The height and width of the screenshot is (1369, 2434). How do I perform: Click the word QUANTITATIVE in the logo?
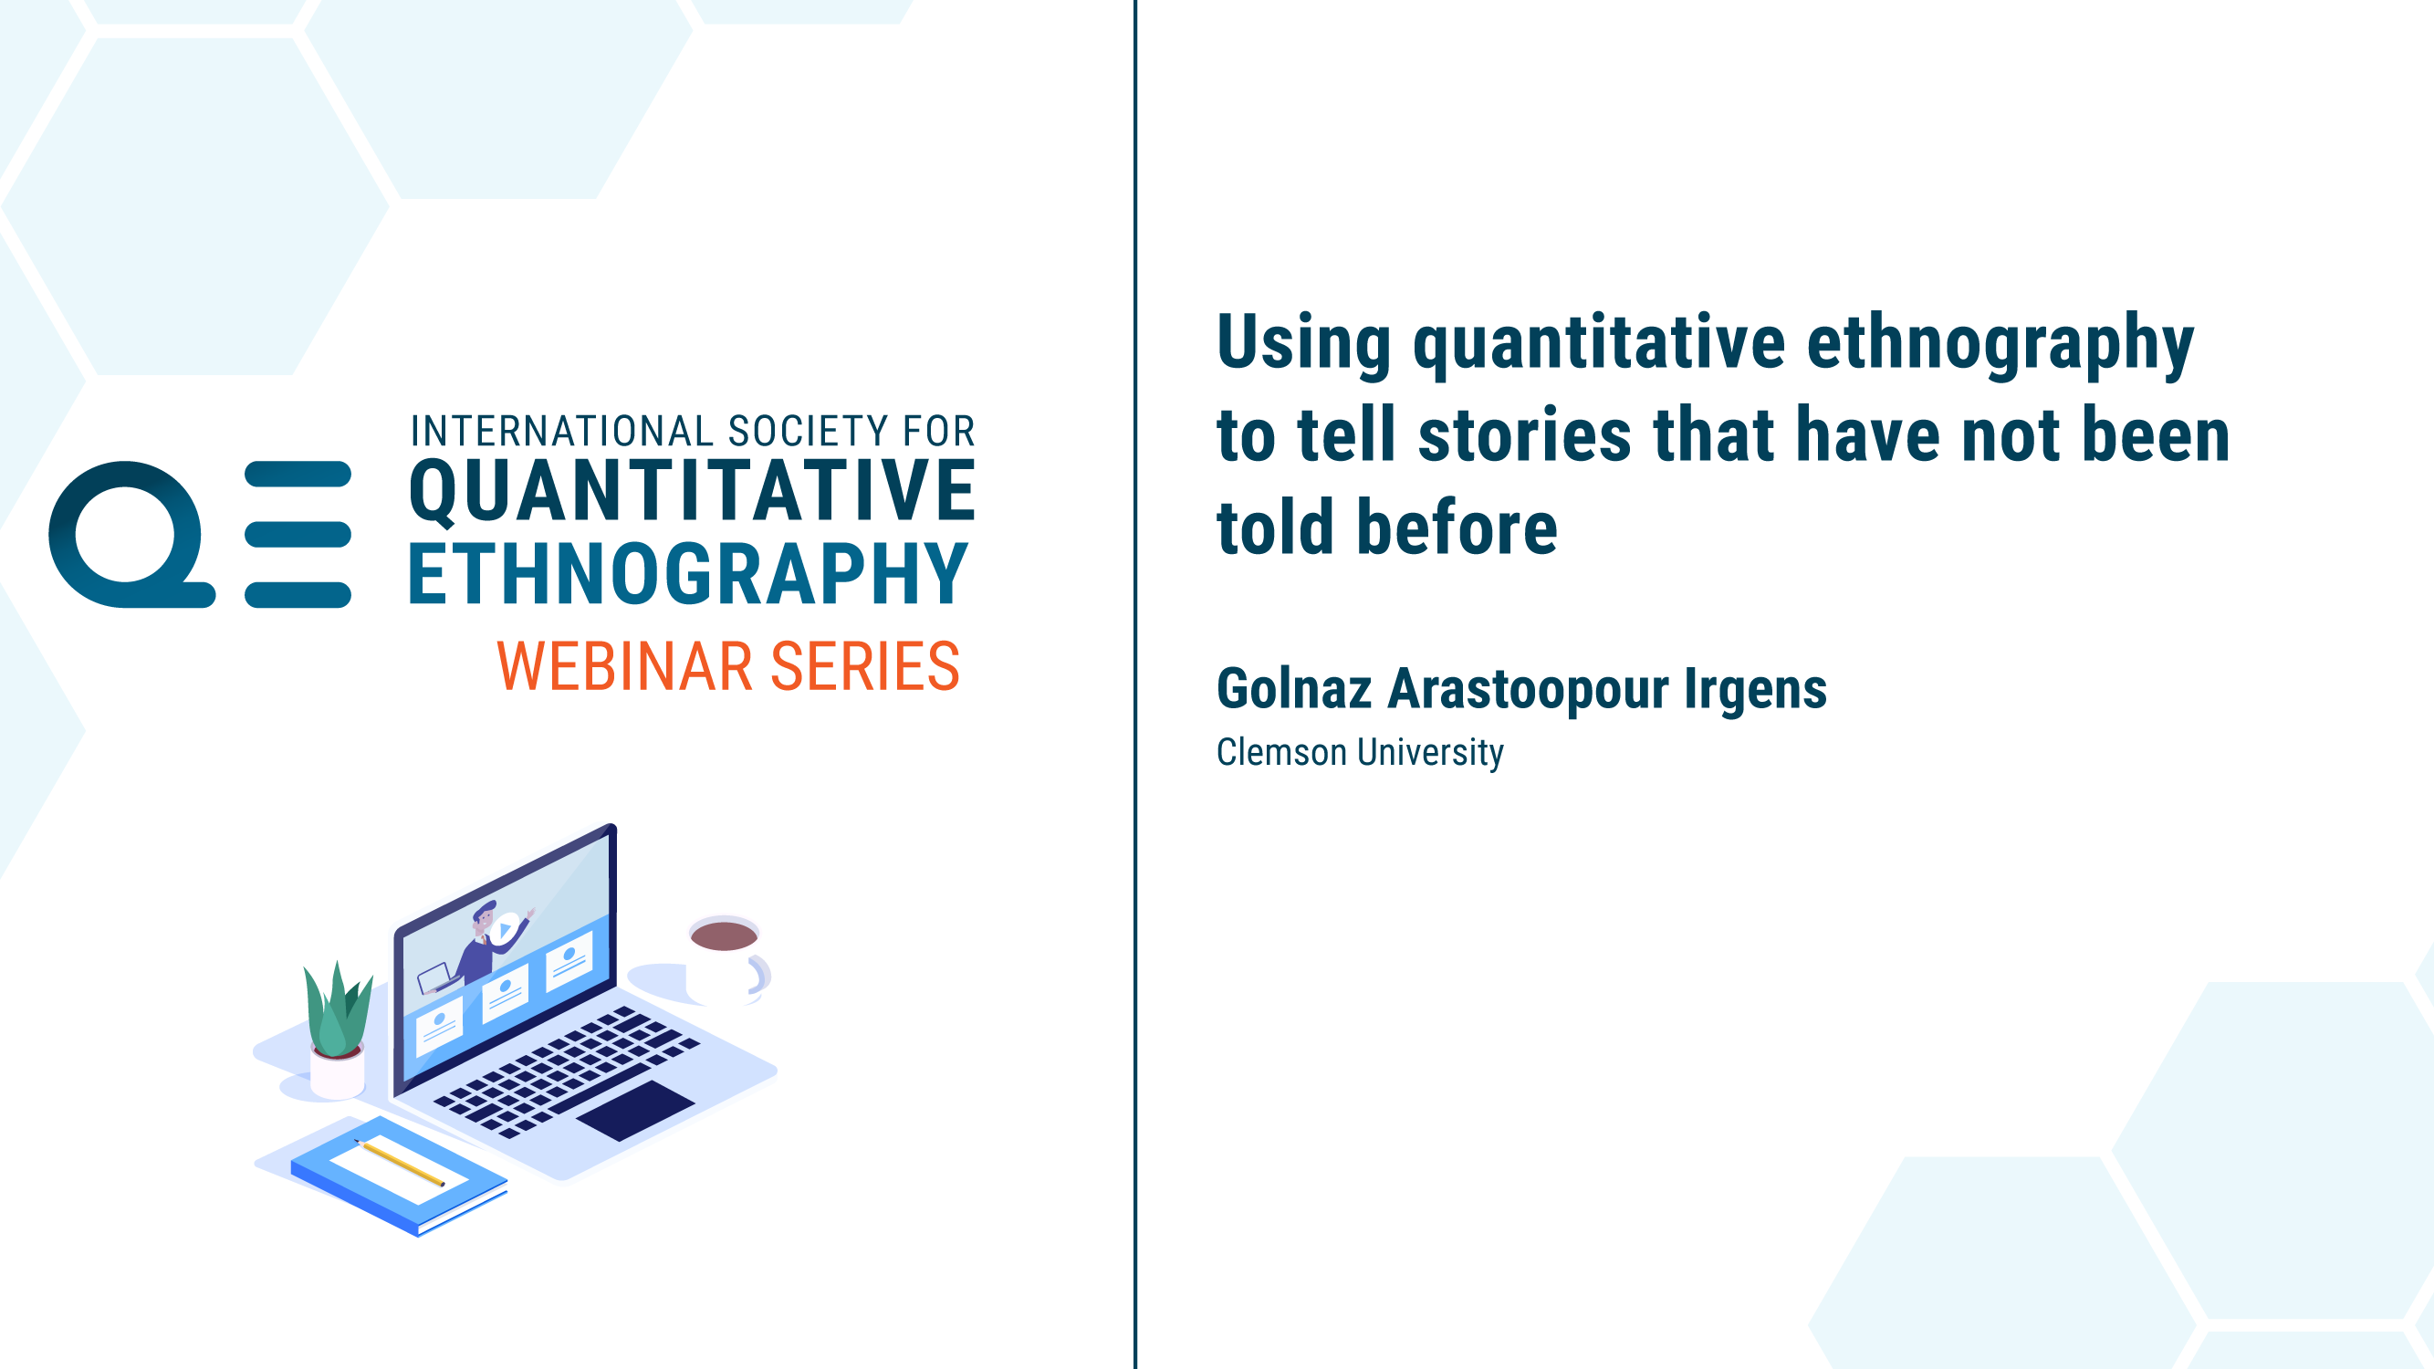tap(692, 491)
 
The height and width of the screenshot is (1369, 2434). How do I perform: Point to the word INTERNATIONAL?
tap(562, 431)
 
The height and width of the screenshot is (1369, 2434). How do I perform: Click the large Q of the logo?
tap(131, 535)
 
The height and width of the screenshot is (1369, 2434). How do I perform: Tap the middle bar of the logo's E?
tap(298, 535)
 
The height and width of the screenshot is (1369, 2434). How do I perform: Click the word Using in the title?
tap(1304, 344)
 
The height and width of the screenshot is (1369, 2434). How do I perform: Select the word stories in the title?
tap(1525, 434)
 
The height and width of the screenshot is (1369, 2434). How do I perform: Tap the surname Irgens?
tap(1756, 690)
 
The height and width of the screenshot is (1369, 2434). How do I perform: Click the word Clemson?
tap(1281, 752)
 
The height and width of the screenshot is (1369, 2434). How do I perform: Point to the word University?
tap(1430, 753)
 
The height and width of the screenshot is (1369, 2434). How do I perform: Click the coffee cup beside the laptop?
tap(727, 959)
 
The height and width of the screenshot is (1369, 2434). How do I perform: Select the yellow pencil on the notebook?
tap(400, 1162)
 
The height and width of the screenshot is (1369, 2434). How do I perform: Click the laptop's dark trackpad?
tap(635, 1111)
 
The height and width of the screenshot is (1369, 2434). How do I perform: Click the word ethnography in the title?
tap(2000, 344)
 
